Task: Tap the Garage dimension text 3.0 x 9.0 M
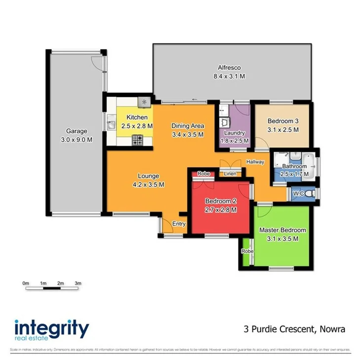point(77,140)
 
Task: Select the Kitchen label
point(137,117)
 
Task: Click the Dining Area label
point(187,125)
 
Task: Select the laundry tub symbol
point(225,121)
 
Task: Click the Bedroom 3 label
point(283,121)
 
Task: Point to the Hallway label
point(255,162)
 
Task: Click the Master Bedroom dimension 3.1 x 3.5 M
point(283,239)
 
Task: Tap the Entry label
point(179,224)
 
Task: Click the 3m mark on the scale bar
point(77,283)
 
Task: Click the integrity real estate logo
point(51,329)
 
